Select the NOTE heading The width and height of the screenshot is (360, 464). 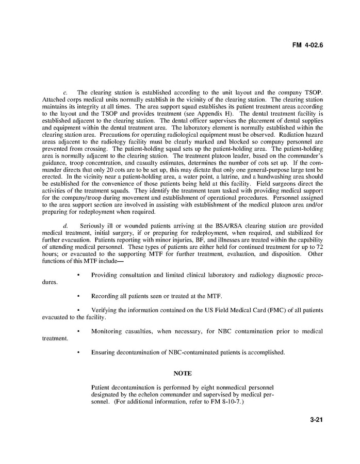[x=182, y=373]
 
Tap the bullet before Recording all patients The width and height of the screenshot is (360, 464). [x=78, y=296]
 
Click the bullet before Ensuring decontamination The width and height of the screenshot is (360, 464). [x=78, y=353]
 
